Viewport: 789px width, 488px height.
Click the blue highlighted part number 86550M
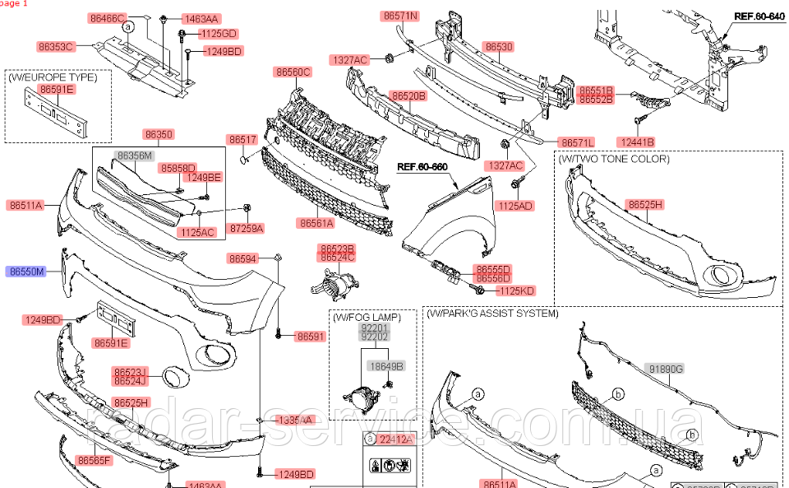(x=27, y=270)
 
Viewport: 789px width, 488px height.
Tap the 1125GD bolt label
(x=218, y=34)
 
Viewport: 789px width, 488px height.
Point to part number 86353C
(x=56, y=47)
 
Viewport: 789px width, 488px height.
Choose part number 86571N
(x=400, y=16)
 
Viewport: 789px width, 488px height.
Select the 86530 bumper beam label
(x=498, y=47)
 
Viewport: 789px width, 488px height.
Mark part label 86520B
(x=408, y=96)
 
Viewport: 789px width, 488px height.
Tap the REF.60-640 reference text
(x=759, y=16)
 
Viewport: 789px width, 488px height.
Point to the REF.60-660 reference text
(x=422, y=166)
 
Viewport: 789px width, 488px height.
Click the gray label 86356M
(x=135, y=155)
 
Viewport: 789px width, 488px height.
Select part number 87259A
(x=247, y=227)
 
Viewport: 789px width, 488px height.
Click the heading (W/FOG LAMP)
(x=367, y=317)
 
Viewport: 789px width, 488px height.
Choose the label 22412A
(x=394, y=439)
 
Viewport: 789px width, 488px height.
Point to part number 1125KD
(x=516, y=290)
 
